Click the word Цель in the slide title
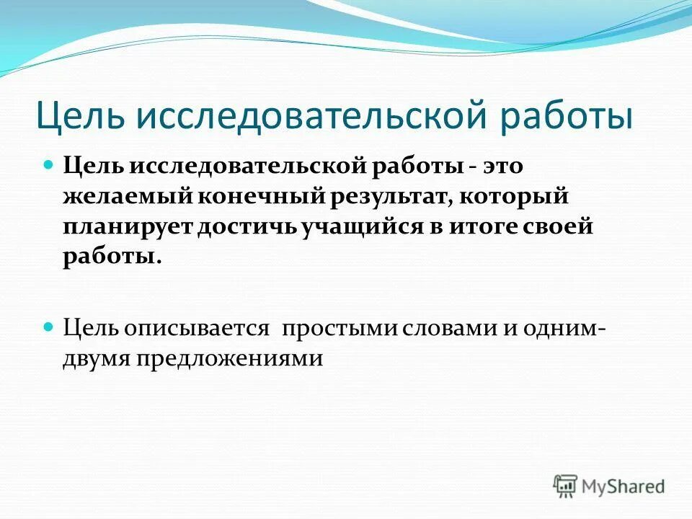[x=77, y=117]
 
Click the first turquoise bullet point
[x=49, y=165]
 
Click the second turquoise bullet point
[x=49, y=326]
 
